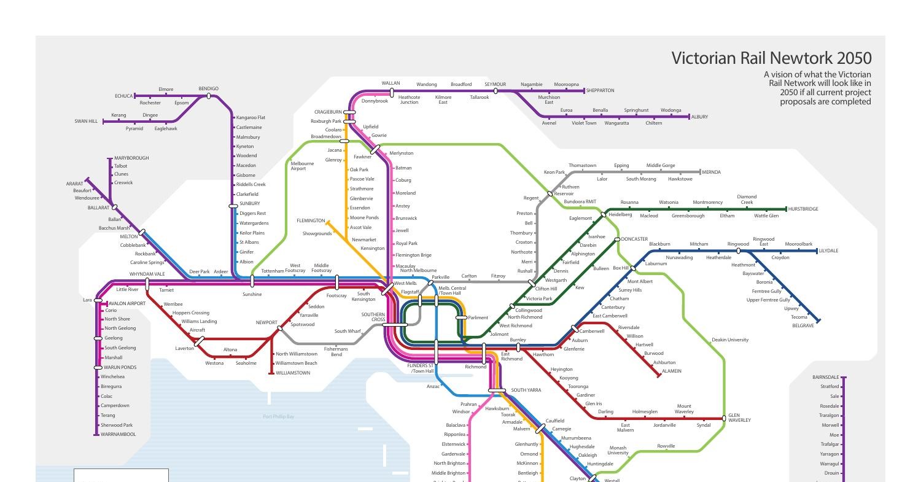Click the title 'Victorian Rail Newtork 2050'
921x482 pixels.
(x=771, y=58)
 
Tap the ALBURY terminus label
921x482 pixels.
(x=699, y=117)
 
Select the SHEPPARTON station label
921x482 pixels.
(x=600, y=91)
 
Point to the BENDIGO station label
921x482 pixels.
(x=209, y=89)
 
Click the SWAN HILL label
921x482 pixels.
(x=86, y=122)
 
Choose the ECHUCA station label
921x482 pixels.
(x=123, y=96)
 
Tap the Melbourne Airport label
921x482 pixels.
(x=302, y=166)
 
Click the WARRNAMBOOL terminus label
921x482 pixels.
(x=118, y=435)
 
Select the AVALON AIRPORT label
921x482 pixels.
(x=127, y=303)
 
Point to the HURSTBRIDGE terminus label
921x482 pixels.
(x=803, y=209)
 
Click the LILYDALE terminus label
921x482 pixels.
(x=828, y=251)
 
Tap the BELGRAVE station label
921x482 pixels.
(x=802, y=325)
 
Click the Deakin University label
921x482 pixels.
(x=730, y=340)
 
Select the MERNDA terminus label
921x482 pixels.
(x=711, y=173)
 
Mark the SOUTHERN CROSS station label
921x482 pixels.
(x=373, y=317)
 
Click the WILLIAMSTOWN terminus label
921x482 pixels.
(x=293, y=373)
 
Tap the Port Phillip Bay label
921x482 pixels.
(x=278, y=417)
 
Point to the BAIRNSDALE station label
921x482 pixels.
(x=825, y=378)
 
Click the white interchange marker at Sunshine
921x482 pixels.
(x=252, y=281)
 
